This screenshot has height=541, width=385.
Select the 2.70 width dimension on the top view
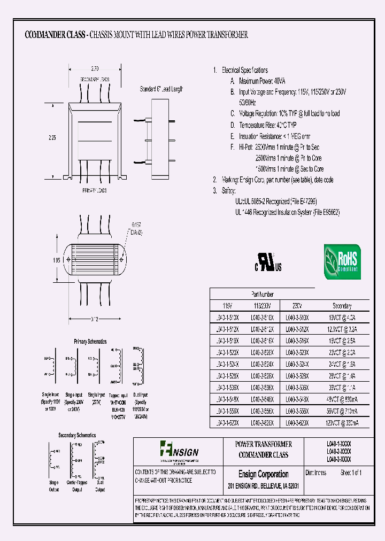pos(95,69)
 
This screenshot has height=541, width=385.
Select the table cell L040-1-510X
pos(227,317)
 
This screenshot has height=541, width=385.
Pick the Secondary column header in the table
pos(342,306)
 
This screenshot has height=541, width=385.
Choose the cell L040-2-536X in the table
pos(262,387)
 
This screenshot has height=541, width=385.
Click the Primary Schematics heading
pos(90,341)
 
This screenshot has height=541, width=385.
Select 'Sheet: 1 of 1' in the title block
pos(351,473)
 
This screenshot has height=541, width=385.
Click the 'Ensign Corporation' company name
pos(263,474)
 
